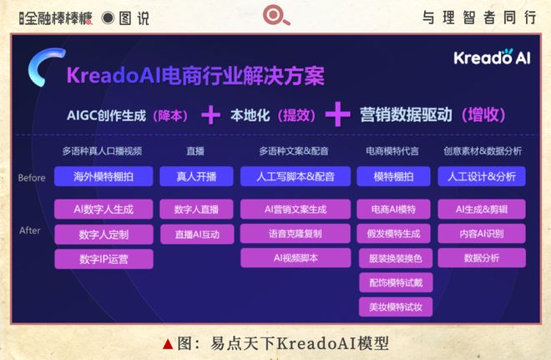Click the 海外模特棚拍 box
(x=104, y=176)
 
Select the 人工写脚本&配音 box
(x=295, y=176)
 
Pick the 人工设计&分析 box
(x=482, y=176)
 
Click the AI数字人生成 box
(x=104, y=209)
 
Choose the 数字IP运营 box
(x=104, y=259)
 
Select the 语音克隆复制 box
(x=295, y=234)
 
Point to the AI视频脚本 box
(x=295, y=258)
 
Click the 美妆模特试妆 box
(x=395, y=307)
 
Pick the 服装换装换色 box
(x=395, y=258)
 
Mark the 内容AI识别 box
(x=482, y=234)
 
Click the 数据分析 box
(x=482, y=258)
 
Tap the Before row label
(x=31, y=177)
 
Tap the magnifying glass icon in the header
(x=274, y=17)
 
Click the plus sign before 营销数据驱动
(x=337, y=114)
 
